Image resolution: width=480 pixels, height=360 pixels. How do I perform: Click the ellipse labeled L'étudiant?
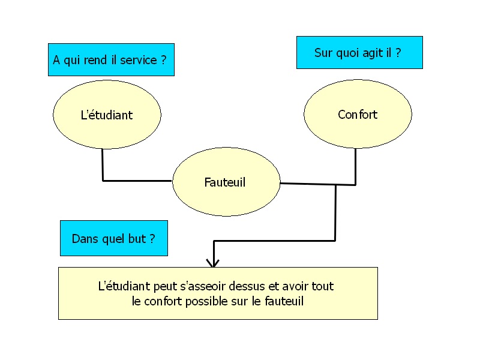coord(107,115)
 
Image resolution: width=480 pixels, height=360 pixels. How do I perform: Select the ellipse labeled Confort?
coord(358,114)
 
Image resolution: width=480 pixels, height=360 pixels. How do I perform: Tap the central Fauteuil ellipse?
coord(226,182)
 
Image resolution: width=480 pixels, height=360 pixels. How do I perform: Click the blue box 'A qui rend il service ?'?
coord(111,60)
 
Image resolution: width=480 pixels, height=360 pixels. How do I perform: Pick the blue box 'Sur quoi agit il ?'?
coord(359,53)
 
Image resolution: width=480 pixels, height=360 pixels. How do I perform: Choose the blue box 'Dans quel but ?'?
coord(113,238)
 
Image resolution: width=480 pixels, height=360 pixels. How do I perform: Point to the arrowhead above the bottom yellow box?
coord(213,262)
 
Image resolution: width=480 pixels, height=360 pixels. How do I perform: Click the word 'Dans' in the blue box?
coord(83,238)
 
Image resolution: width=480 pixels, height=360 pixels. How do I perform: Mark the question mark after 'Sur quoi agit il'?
coord(398,53)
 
